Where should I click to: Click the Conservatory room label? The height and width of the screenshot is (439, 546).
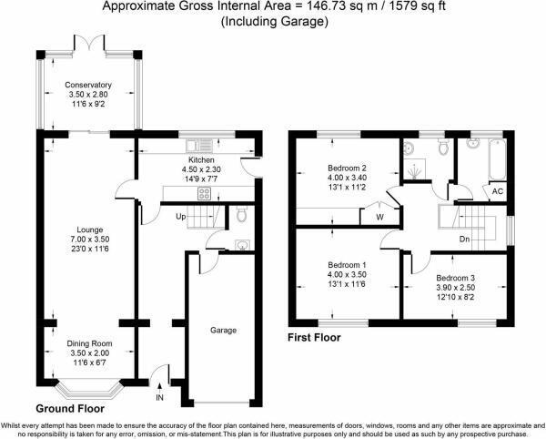pyautogui.click(x=87, y=86)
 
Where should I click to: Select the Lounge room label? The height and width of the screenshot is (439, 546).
pyautogui.click(x=88, y=229)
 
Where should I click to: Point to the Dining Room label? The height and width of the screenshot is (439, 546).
pyautogui.click(x=88, y=343)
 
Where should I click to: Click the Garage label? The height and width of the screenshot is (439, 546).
pyautogui.click(x=224, y=331)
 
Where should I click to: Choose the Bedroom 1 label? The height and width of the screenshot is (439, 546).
pyautogui.click(x=346, y=266)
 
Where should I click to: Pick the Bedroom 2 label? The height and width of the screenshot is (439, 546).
pyautogui.click(x=346, y=168)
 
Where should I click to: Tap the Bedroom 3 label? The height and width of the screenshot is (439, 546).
pyautogui.click(x=455, y=278)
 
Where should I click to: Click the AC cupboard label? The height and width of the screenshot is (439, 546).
pyautogui.click(x=496, y=192)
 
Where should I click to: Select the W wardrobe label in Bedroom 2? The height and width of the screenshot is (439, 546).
pyautogui.click(x=379, y=218)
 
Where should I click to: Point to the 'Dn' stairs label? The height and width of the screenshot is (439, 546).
pyautogui.click(x=465, y=240)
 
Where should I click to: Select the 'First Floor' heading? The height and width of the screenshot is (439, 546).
pyautogui.click(x=315, y=337)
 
